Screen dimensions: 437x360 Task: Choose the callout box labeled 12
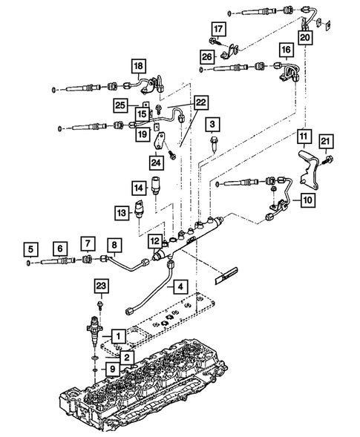153,241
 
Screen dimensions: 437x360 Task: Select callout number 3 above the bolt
213,123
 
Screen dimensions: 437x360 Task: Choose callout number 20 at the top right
306,35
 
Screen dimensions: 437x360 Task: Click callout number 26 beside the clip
209,56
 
